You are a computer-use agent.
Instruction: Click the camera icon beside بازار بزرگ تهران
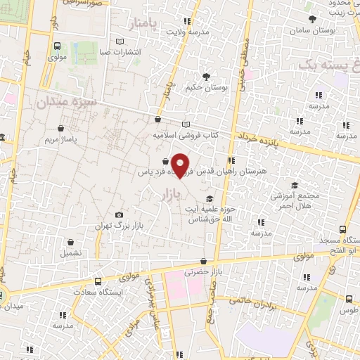pyautogui.click(x=119, y=214)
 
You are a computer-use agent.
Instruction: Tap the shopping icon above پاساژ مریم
pyautogui.click(x=62, y=129)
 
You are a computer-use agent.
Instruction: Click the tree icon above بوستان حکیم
pyautogui.click(x=206, y=77)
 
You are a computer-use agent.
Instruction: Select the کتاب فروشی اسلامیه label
pyautogui.click(x=186, y=134)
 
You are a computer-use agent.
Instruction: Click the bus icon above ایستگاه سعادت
pyautogui.click(x=98, y=281)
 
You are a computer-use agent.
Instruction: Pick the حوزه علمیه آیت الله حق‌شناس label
pyautogui.click(x=211, y=214)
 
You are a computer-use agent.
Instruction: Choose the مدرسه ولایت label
pyautogui.click(x=188, y=32)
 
